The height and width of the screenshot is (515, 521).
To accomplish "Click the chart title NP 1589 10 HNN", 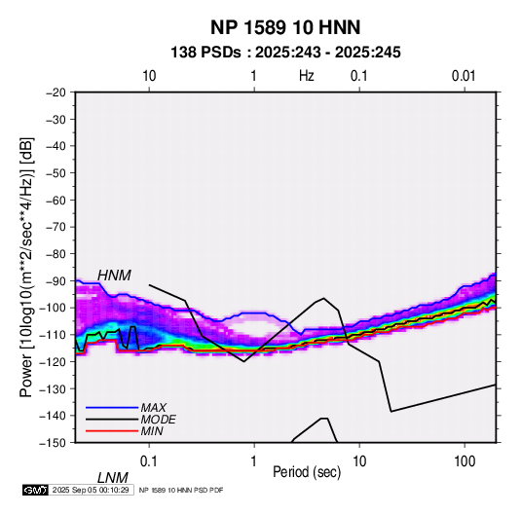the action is point(285,27).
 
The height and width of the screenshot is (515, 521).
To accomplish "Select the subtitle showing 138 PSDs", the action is point(285,53).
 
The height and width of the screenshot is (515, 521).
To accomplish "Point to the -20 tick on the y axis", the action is point(56,92).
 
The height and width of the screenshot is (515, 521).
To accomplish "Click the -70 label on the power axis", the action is point(56,227).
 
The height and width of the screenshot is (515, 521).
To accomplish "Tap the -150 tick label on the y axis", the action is point(54,443).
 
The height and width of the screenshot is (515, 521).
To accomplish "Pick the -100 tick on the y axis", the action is point(54,308).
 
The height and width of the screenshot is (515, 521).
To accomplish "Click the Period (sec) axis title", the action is point(307,472).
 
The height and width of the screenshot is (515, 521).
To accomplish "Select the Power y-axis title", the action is point(26,267).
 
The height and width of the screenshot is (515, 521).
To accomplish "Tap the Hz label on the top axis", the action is point(307,76).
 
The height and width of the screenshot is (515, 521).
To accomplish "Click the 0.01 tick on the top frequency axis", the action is point(464,76).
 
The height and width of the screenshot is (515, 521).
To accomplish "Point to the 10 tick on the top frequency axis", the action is point(149,76).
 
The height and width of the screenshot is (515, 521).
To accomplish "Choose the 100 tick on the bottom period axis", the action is point(465,461).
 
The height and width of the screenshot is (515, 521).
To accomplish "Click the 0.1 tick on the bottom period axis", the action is point(149,461).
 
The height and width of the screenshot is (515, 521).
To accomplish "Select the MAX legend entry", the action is point(154,407).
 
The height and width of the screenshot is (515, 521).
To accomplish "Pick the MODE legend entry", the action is point(158,420).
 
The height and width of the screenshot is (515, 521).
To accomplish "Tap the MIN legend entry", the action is point(152,431).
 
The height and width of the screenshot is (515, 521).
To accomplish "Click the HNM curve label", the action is point(114,276).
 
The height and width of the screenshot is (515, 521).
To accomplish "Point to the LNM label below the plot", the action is point(113,478).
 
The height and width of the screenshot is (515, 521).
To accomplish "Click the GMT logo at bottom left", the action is point(36,490).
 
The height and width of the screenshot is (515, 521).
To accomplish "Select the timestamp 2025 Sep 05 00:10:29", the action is point(91,490).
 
